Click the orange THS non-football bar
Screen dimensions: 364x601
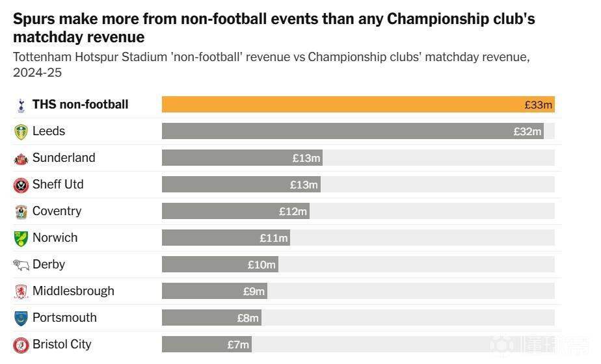(x=358, y=105)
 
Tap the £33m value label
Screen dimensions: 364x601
(x=538, y=105)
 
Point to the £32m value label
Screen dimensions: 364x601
(x=527, y=131)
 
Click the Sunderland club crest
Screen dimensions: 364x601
(x=21, y=159)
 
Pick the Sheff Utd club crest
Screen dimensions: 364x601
(x=21, y=185)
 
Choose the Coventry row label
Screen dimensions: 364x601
(x=57, y=211)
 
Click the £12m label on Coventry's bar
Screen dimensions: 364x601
(x=293, y=211)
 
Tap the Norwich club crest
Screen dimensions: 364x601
(x=21, y=239)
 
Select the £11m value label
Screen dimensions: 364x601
(x=274, y=239)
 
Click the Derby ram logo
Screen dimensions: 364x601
(x=21, y=265)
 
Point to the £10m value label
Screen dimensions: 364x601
(x=261, y=265)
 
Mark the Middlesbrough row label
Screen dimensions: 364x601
(x=73, y=291)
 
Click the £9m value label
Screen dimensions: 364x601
(x=254, y=292)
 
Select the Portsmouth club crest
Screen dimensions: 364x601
(x=21, y=318)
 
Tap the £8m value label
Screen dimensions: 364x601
(x=248, y=318)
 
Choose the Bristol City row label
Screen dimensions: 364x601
(x=62, y=344)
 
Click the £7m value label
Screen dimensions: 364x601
(x=238, y=345)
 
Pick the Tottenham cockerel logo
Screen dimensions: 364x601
(x=21, y=105)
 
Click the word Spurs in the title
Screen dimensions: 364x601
(x=34, y=19)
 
